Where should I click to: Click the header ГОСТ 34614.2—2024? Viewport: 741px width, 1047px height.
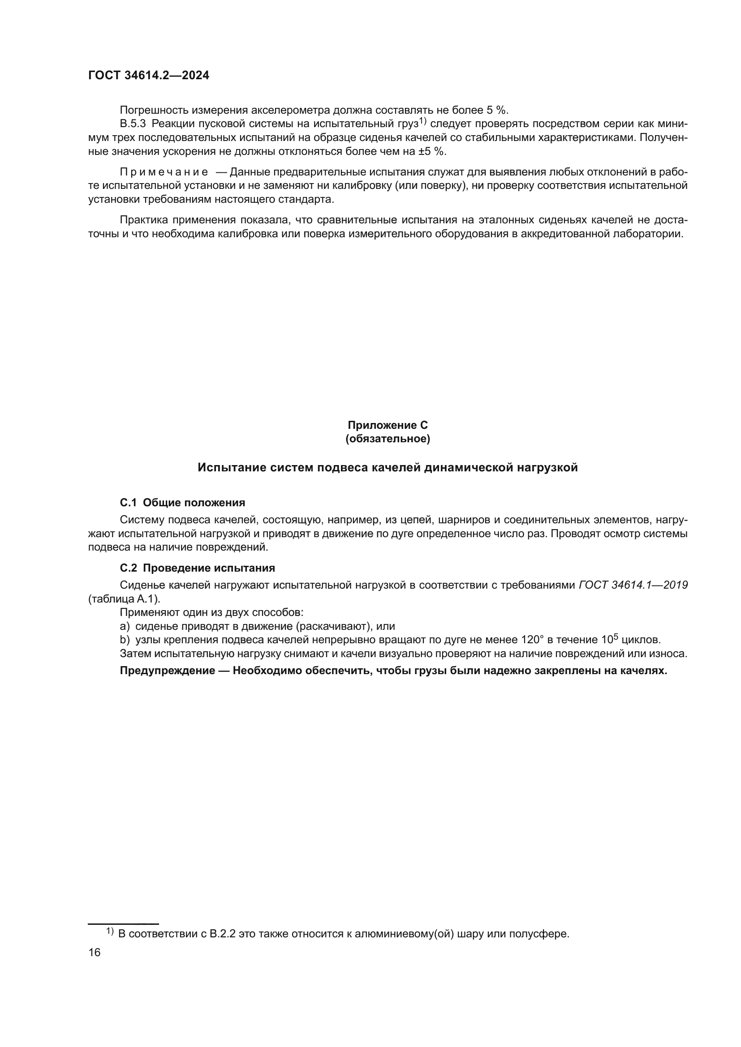(149, 76)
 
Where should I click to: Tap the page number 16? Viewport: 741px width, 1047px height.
(94, 952)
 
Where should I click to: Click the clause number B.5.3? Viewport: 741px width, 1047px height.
(133, 124)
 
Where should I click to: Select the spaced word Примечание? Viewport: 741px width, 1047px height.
(164, 172)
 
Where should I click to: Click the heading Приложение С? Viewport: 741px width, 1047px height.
(388, 425)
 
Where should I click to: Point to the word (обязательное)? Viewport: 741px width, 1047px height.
(388, 439)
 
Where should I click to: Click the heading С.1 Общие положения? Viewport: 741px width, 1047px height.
(182, 503)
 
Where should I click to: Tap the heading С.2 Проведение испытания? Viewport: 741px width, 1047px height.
(197, 568)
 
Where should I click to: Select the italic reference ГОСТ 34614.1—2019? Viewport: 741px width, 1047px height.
(633, 585)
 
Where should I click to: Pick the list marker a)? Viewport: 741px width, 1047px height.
(125, 626)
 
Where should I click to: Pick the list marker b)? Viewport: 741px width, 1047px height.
(125, 640)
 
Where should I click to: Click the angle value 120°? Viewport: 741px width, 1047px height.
(530, 640)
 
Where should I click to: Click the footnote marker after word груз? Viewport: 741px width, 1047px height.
(422, 121)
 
